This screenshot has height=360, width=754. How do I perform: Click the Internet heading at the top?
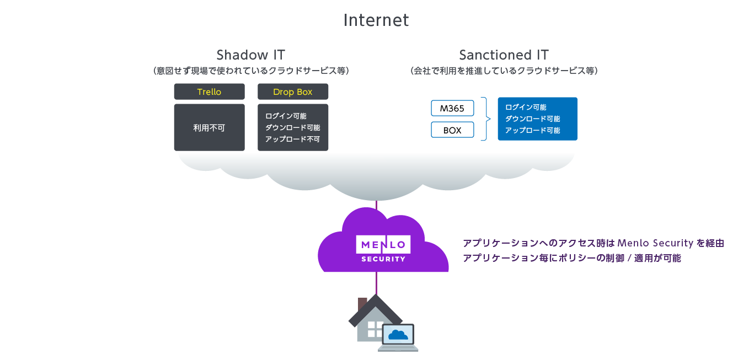click(376, 20)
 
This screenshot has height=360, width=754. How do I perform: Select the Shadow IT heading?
click(250, 55)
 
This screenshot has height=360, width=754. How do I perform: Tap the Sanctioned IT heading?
click(504, 55)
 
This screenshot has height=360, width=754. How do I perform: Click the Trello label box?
click(209, 92)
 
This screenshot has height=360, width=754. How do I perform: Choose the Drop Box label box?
click(293, 92)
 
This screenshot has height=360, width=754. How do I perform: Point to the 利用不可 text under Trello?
click(209, 127)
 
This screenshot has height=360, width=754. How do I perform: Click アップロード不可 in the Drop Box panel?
click(292, 139)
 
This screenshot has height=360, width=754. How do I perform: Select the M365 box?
click(452, 108)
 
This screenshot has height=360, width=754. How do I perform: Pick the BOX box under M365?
click(452, 131)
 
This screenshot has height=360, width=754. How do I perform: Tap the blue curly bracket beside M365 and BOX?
click(485, 119)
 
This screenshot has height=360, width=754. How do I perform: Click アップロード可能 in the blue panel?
click(532, 131)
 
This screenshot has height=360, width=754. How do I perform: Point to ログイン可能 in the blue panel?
click(526, 108)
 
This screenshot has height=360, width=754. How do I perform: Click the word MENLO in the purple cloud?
click(383, 244)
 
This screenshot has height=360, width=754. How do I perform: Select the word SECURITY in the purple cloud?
click(383, 259)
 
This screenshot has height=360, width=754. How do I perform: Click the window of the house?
click(375, 329)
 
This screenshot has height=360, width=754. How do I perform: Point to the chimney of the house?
click(362, 304)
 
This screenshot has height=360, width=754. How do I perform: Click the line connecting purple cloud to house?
click(377, 283)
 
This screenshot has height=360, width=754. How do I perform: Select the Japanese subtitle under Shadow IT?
click(250, 71)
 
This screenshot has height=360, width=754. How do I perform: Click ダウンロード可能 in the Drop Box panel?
click(292, 127)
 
